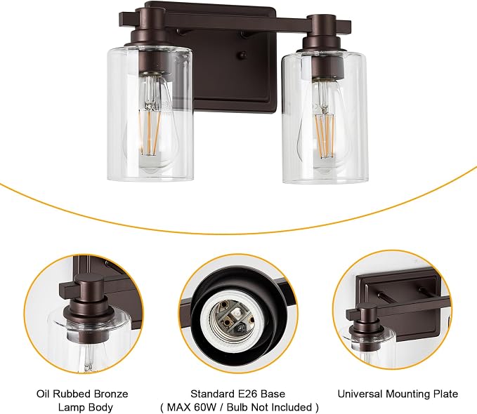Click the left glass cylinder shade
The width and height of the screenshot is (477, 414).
150,114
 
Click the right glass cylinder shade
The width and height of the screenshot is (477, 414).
325,117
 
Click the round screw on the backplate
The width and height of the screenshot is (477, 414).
242,55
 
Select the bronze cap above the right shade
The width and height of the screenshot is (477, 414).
323,34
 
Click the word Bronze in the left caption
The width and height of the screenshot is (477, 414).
111,394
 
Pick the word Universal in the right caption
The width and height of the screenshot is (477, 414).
360,394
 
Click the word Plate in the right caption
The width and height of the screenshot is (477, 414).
446,394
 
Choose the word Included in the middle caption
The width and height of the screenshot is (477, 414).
293,407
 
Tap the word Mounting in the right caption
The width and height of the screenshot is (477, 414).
409,394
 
